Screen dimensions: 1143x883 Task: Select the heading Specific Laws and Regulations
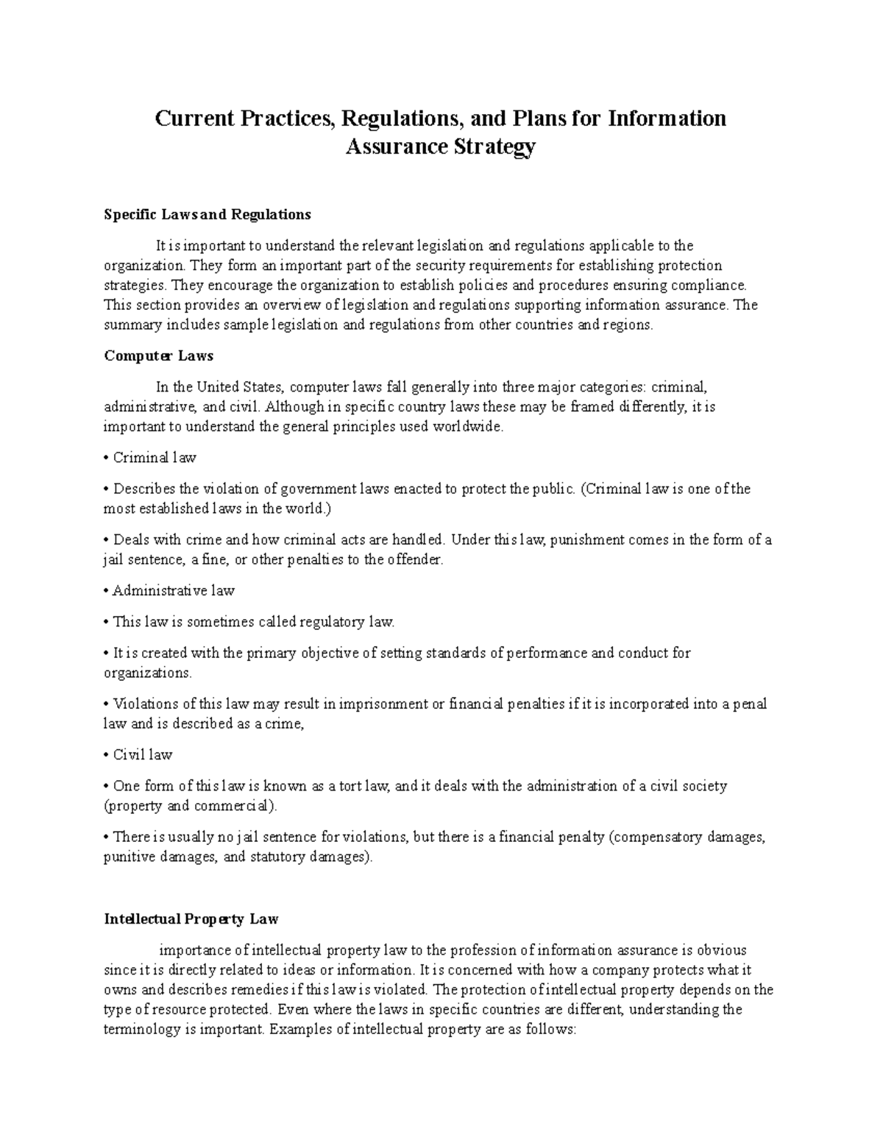pos(208,215)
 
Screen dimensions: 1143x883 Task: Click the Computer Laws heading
pos(158,355)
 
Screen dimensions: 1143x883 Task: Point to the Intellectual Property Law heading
pos(191,919)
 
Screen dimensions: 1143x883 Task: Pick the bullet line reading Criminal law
pos(154,458)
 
